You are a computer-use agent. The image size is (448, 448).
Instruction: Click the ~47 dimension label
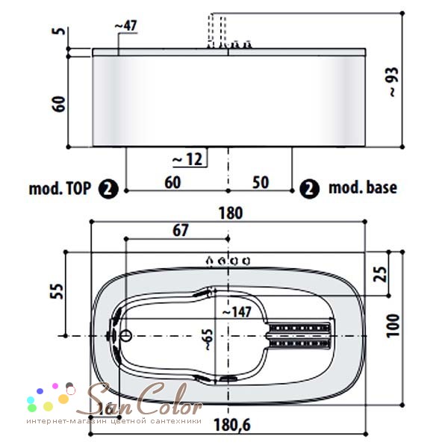pos(126,26)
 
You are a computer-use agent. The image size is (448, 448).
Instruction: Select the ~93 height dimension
pos(393,82)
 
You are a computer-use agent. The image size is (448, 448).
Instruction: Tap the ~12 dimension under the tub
pos(188,159)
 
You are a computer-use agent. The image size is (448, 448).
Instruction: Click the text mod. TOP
pos(60,188)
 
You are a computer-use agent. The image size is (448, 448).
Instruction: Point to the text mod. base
pos(363,187)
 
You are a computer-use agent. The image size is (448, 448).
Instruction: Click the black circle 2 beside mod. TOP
pos(108,189)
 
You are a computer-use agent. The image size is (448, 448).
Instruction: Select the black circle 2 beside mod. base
pos(309,189)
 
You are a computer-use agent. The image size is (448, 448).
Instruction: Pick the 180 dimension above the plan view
pos(231,213)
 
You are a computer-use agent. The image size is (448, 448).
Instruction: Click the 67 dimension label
pos(181,230)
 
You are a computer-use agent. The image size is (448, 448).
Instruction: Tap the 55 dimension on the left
pos(58,291)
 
